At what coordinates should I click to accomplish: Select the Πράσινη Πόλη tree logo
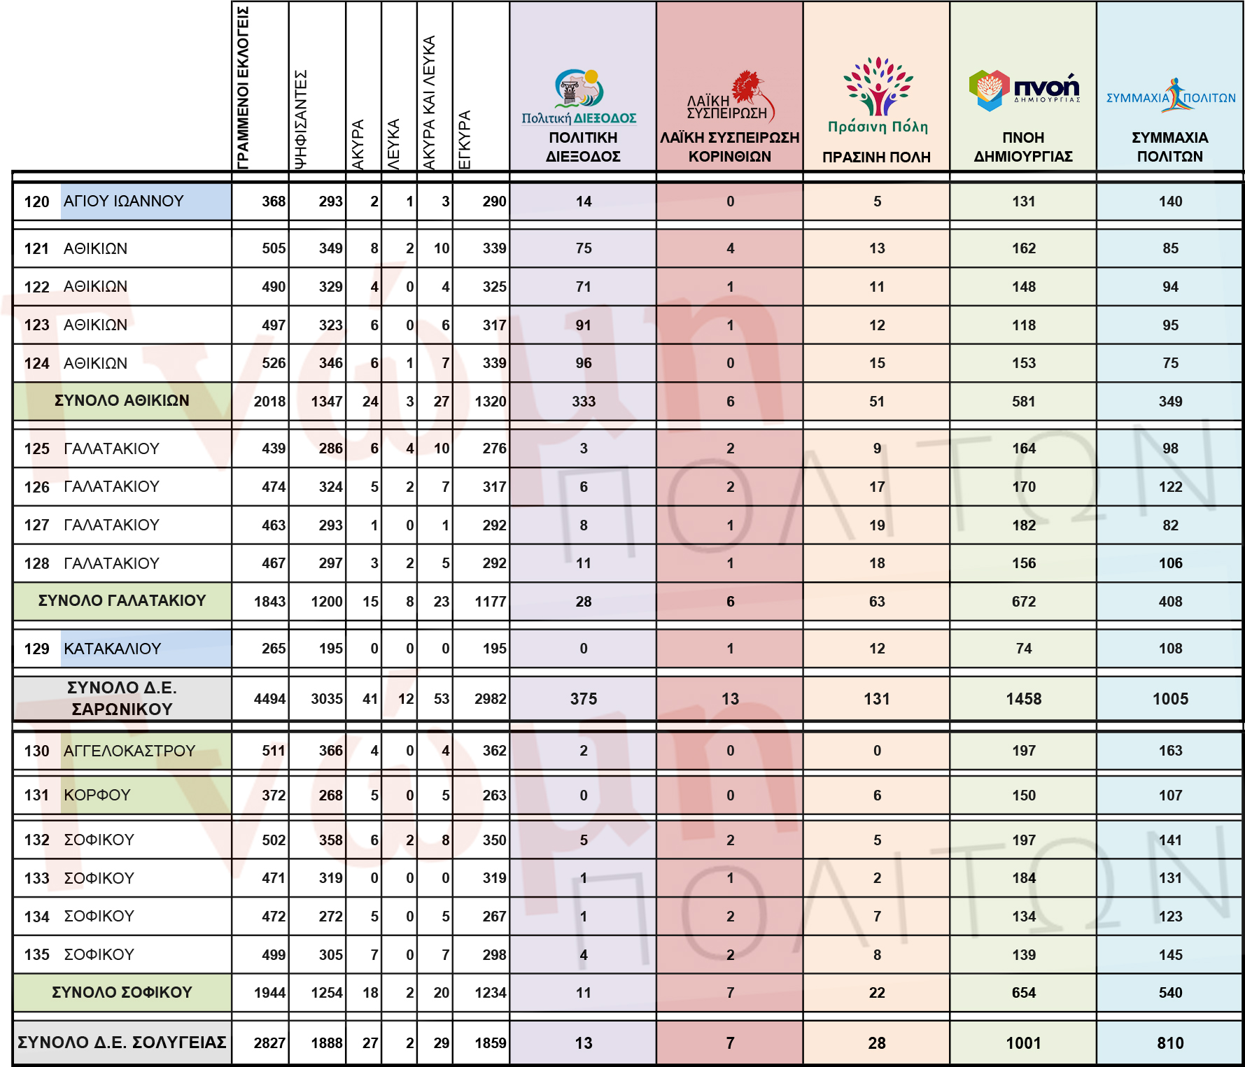click(x=878, y=94)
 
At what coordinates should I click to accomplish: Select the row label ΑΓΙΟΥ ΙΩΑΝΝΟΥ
click(x=124, y=202)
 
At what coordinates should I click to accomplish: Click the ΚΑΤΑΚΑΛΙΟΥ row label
click(x=113, y=649)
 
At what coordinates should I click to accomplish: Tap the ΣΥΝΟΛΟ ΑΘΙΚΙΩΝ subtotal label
click(x=122, y=401)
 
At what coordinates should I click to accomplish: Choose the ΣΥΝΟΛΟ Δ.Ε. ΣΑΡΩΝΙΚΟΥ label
click(x=122, y=698)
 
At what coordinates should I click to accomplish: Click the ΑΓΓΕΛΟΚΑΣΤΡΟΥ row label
click(x=129, y=751)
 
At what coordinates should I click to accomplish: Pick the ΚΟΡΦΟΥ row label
click(x=97, y=796)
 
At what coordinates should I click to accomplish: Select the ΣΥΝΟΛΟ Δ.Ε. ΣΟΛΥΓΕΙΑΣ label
click(x=122, y=1043)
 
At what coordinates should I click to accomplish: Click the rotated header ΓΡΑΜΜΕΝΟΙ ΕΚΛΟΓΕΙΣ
click(x=243, y=87)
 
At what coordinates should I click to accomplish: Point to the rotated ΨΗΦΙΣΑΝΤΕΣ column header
click(x=300, y=119)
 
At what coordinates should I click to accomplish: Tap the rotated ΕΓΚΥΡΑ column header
click(x=464, y=140)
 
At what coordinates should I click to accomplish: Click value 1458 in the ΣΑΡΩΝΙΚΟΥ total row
click(x=1024, y=699)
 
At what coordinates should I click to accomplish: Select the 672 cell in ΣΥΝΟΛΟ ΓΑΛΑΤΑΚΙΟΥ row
click(x=1024, y=602)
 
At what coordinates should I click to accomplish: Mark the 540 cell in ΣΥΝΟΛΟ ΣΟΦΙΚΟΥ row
click(x=1170, y=993)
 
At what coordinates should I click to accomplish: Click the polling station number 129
click(x=37, y=649)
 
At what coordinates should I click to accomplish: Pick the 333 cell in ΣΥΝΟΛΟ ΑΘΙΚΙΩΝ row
click(x=584, y=402)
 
